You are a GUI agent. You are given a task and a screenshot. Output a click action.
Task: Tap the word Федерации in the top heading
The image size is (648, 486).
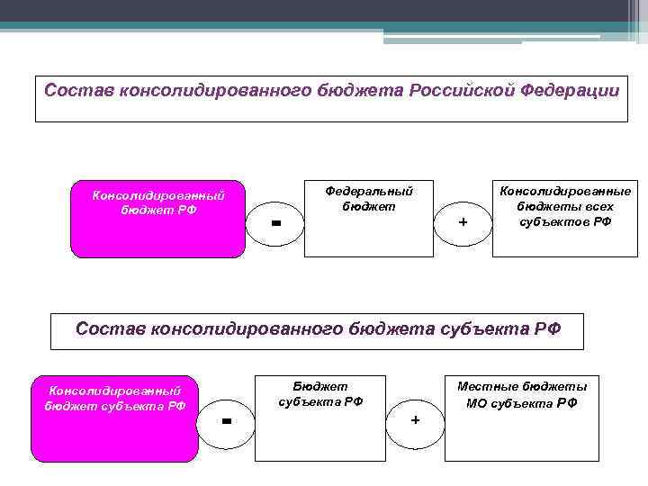click(569, 91)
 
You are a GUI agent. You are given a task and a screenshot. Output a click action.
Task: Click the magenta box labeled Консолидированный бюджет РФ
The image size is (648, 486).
click(157, 220)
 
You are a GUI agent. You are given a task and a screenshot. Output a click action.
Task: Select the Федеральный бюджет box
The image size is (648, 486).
click(368, 220)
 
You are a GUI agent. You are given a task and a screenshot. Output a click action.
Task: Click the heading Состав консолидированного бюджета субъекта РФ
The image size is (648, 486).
click(317, 330)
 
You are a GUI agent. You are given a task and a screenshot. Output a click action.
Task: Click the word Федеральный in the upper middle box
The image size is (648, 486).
click(368, 191)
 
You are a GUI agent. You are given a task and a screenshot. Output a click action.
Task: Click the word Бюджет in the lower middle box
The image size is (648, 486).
click(319, 385)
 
